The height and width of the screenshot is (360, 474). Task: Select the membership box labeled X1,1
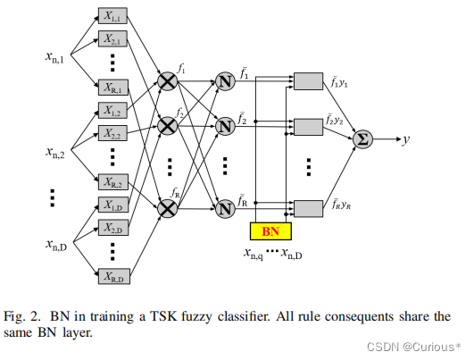coord(112,17)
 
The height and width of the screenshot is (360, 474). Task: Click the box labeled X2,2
coord(112,135)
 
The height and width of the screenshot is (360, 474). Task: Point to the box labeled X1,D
coord(112,206)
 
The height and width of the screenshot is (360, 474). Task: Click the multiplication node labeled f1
coord(167,82)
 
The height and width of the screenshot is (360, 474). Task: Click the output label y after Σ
coord(406,139)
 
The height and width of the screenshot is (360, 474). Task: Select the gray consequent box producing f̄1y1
coord(309,82)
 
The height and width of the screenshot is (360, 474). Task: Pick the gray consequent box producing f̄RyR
coord(309,208)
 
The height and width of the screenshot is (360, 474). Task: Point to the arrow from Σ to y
coord(387,138)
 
